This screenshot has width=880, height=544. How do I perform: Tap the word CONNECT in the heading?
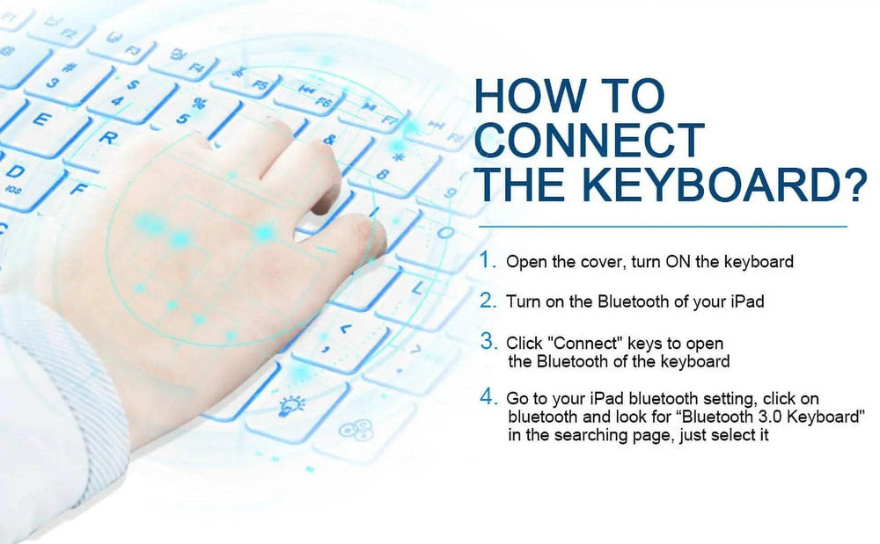[590, 140]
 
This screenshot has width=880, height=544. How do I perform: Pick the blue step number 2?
[488, 301]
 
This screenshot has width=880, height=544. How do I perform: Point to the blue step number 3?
[488, 341]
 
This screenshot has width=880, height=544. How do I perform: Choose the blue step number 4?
[488, 397]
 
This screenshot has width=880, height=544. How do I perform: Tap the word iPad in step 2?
[747, 301]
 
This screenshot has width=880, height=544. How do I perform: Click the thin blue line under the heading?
[663, 227]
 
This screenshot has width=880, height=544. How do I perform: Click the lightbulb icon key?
[293, 403]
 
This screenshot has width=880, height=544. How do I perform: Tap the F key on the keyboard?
[78, 189]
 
